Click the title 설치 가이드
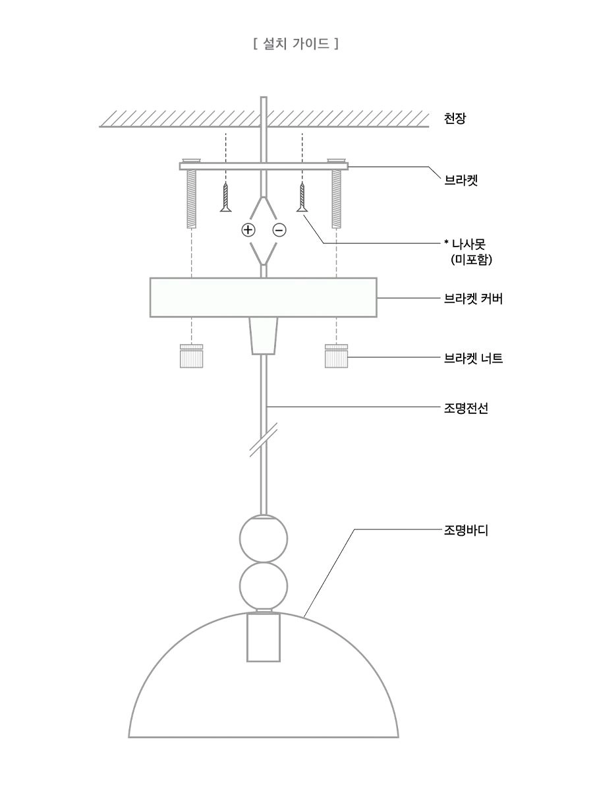pos(296,44)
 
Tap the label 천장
pos(455,119)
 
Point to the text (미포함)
pos(472,260)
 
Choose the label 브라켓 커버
pos(474,299)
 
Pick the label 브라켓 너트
pos(474,359)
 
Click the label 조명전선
pos(466,408)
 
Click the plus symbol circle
pos(248,230)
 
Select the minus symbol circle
pos(279,230)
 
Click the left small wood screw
pos(225,197)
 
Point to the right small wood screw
pos(302,197)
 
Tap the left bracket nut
pos(192,357)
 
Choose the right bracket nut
pos(336,357)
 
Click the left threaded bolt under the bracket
pos(192,198)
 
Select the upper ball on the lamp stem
pos(264,539)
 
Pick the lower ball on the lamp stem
pos(264,585)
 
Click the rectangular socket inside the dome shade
pos(264,637)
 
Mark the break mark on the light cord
pos(264,442)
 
